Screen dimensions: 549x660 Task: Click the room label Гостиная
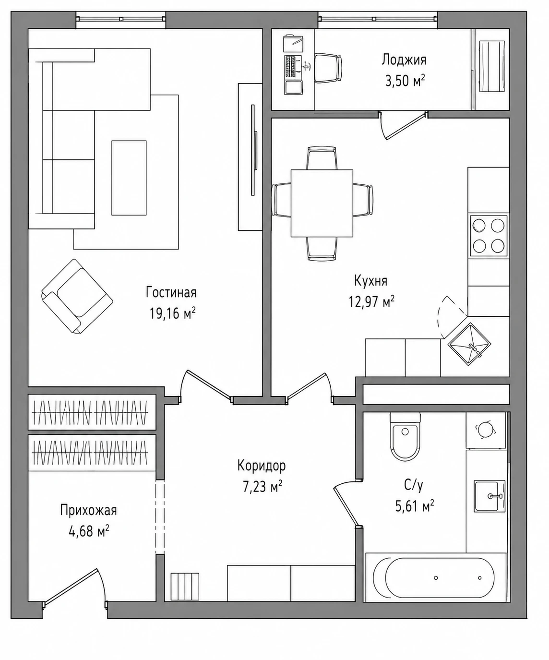[x=171, y=292]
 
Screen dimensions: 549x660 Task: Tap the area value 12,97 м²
[x=371, y=301]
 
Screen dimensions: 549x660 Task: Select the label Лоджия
[x=404, y=60]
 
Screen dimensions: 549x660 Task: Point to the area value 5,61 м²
[x=414, y=506]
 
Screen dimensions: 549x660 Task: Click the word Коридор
[x=262, y=466]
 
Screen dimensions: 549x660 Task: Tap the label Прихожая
[x=88, y=510]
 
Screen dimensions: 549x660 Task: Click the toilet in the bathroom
[x=405, y=436]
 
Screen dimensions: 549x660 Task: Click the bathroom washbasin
[x=489, y=496]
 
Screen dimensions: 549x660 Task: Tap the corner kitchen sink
[x=469, y=345]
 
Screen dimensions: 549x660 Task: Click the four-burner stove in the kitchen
[x=489, y=236]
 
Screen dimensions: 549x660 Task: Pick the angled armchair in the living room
[x=77, y=296]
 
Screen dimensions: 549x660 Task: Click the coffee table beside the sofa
[x=129, y=178]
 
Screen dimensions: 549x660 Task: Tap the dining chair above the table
[x=322, y=157]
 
